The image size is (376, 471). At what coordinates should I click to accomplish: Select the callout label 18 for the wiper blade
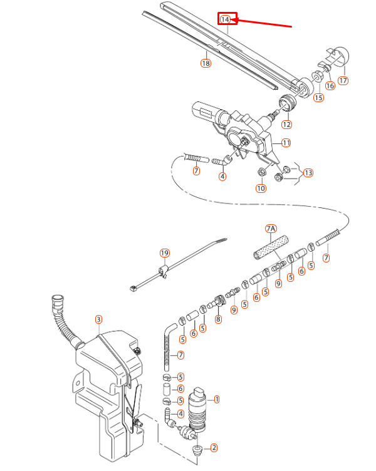click(206, 63)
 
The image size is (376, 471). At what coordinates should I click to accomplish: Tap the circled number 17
click(343, 80)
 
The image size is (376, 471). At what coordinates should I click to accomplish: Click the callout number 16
click(330, 85)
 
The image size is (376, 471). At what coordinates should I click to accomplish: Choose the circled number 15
click(318, 97)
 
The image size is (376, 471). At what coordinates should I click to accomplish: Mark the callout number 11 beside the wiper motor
click(286, 143)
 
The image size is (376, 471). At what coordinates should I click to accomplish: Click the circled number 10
click(260, 188)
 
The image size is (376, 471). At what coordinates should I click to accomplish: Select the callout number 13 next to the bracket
click(308, 172)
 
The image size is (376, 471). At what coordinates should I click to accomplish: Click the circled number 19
click(164, 253)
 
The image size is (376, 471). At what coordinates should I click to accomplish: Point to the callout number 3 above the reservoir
click(98, 319)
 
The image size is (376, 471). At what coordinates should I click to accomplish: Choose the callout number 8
click(218, 319)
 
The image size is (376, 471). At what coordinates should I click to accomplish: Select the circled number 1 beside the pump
click(217, 398)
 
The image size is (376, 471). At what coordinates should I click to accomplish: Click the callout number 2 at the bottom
click(214, 447)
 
